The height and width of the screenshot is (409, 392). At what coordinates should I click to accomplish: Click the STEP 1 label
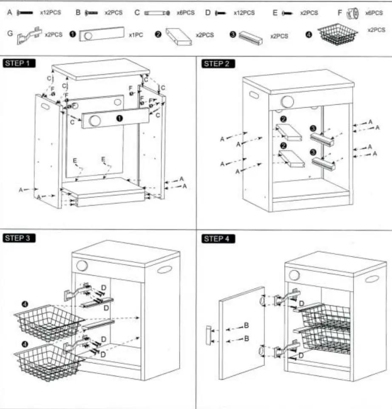(18, 64)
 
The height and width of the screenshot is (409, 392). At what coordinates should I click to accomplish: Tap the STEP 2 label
(217, 64)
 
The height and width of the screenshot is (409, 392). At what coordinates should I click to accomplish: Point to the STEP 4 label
(217, 238)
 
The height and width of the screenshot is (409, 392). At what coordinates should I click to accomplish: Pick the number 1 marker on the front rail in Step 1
(120, 118)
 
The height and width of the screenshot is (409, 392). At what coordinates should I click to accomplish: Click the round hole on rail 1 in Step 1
(94, 121)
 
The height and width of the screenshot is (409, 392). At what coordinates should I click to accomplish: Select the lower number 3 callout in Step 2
(313, 152)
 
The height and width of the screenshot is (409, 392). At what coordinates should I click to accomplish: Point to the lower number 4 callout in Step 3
(25, 343)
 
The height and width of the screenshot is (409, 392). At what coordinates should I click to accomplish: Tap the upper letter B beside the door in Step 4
(246, 326)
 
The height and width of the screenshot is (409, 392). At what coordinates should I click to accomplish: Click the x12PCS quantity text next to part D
(244, 13)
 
